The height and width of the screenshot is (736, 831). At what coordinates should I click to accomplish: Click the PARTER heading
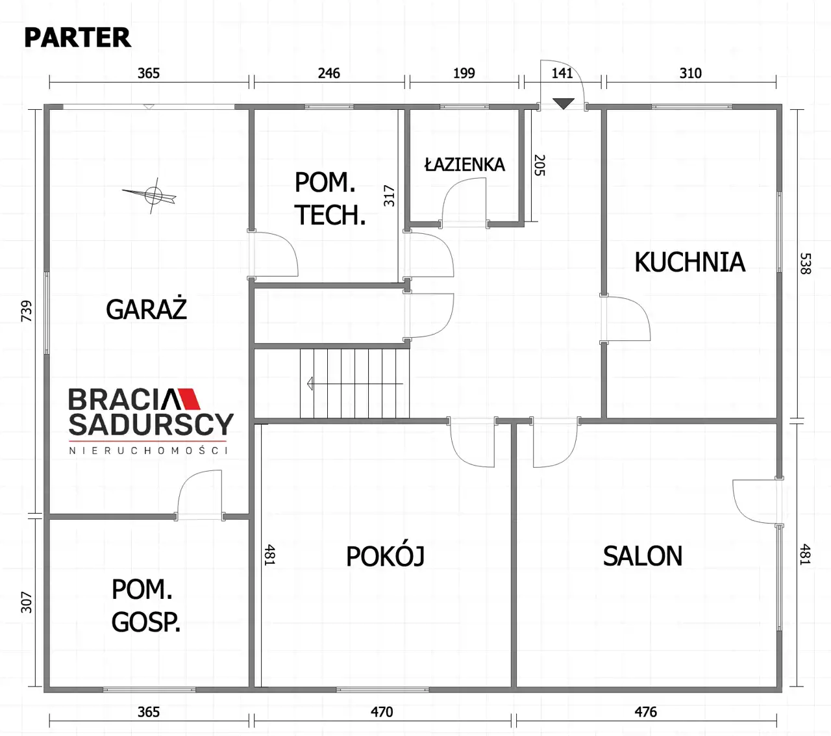(x=77, y=38)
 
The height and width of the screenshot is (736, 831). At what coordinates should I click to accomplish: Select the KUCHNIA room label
(x=690, y=262)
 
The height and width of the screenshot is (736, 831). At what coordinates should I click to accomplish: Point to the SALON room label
(x=643, y=556)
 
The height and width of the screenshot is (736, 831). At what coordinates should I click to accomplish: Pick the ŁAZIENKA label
(x=464, y=164)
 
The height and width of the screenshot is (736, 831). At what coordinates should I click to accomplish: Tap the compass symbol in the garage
(x=153, y=196)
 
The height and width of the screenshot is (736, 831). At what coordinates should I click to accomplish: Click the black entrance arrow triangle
(x=563, y=104)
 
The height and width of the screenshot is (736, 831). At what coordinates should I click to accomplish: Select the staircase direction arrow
(x=354, y=383)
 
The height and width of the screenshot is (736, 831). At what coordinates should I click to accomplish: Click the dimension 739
(x=26, y=311)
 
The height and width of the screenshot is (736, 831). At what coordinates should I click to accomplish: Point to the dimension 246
(x=329, y=73)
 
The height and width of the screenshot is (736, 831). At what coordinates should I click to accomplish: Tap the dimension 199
(x=464, y=73)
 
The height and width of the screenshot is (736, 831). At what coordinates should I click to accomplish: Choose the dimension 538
(x=806, y=264)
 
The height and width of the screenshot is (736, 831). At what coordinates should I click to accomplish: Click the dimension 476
(x=645, y=711)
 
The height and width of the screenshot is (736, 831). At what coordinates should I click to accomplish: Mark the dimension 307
(x=26, y=602)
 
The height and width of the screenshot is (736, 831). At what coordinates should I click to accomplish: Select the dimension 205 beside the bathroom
(x=540, y=166)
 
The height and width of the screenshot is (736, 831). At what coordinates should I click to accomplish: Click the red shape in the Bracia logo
(x=190, y=399)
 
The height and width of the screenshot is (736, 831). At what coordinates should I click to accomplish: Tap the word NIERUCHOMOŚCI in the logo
(x=149, y=450)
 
